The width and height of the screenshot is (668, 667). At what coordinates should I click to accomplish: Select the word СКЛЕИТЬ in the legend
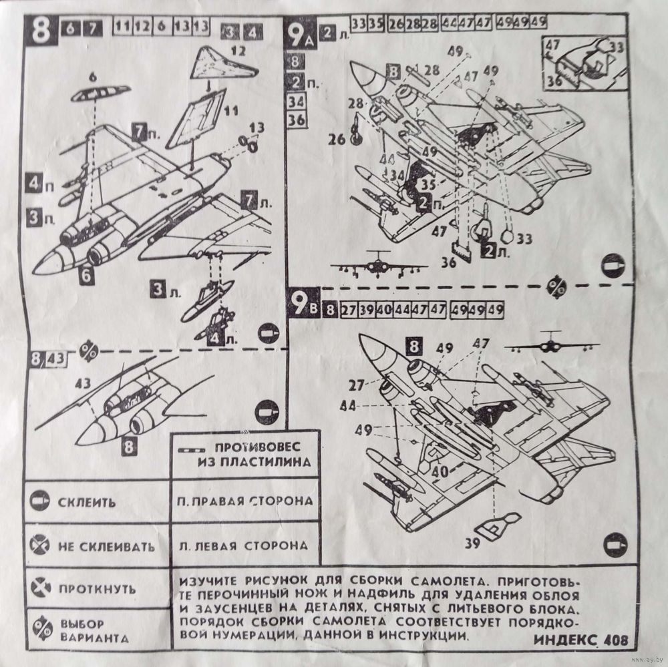click(86, 501)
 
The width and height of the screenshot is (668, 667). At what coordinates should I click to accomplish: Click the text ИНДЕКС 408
click(581, 639)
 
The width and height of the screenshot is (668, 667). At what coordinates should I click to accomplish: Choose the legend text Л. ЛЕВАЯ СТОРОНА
click(243, 545)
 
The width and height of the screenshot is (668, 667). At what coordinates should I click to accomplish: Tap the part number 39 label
click(472, 543)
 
